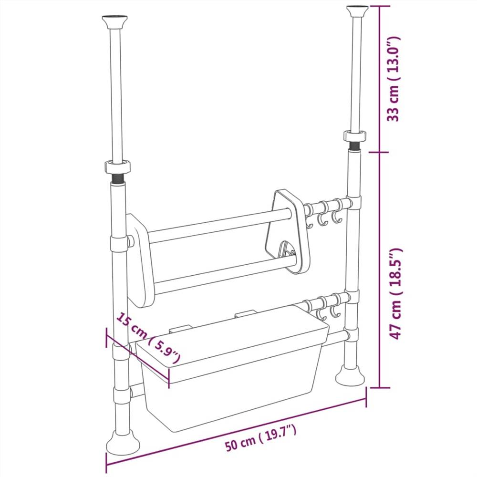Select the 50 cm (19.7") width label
point(261,439)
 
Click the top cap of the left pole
point(114,22)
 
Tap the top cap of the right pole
point(357,10)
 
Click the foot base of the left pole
point(123,444)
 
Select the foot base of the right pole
point(350,376)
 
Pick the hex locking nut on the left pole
point(118,167)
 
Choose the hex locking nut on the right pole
point(355,135)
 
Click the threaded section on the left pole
point(118,179)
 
